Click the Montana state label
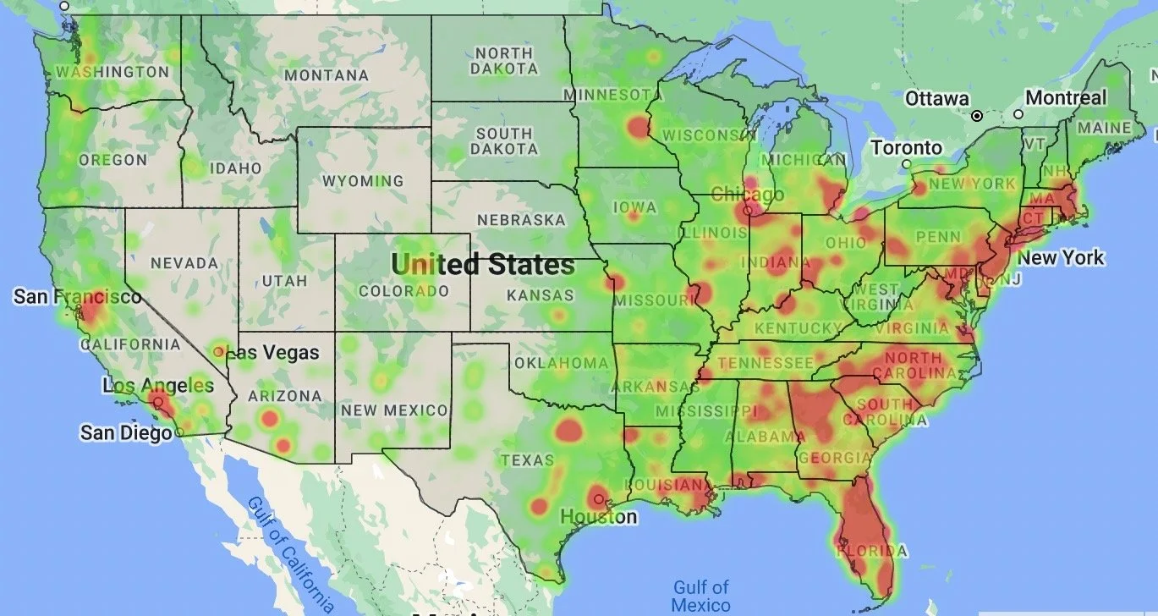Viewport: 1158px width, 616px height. coord(327,75)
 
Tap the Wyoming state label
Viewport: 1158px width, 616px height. coord(363,181)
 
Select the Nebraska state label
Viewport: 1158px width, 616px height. coord(521,220)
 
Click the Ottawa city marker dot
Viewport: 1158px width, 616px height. coord(977,115)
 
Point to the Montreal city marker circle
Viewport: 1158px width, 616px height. coord(1018,114)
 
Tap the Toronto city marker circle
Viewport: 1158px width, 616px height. coord(906,164)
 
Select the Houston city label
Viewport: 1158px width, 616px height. coord(599,516)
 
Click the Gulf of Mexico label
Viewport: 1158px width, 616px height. coord(700,595)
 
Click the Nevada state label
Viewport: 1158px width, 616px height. coord(184,263)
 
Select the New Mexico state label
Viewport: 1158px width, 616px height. coord(394,410)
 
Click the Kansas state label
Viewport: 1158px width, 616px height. coord(540,295)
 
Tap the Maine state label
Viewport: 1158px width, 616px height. coord(1104,128)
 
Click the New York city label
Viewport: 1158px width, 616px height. coord(1061,257)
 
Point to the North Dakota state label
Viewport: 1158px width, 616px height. coord(503,61)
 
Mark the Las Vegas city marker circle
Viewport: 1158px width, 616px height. coord(219,351)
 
